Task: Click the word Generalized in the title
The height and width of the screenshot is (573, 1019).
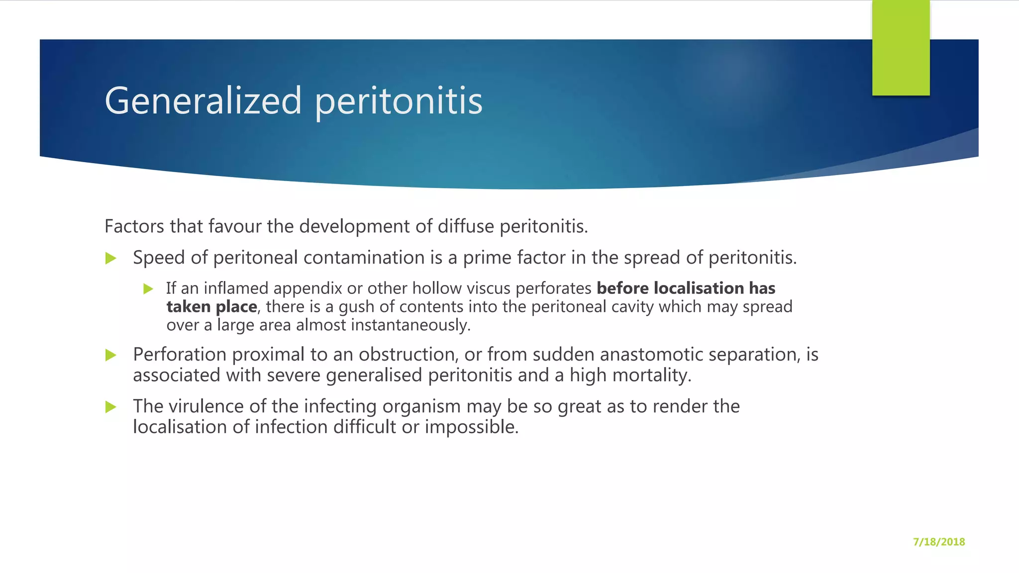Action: tap(203, 101)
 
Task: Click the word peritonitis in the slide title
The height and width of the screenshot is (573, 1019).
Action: tap(399, 101)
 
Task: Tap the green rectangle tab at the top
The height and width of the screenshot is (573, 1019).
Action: tap(901, 48)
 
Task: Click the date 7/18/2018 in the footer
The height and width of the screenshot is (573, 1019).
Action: tap(938, 542)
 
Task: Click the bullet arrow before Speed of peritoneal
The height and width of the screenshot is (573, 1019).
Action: tap(111, 258)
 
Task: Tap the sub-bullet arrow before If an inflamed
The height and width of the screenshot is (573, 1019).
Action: tap(148, 289)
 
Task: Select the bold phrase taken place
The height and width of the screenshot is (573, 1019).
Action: tap(211, 307)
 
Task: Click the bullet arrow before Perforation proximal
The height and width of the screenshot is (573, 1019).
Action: tap(111, 355)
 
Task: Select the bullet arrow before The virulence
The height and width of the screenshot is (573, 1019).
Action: tap(111, 407)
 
